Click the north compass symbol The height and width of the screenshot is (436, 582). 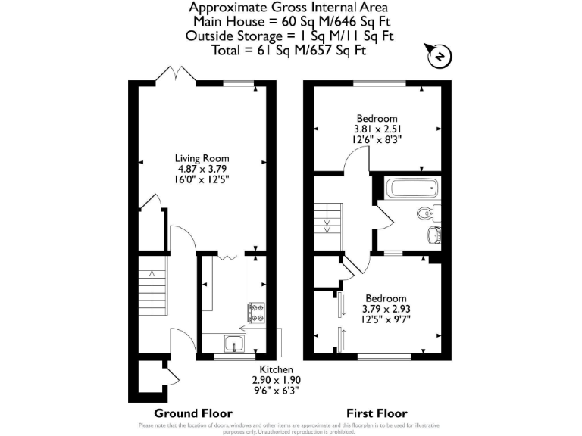pos(439,54)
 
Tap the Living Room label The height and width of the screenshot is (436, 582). pos(202,158)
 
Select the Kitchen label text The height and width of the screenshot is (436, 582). pos(277,369)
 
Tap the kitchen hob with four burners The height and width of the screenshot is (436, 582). pos(256,313)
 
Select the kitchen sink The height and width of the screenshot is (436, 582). pos(233,344)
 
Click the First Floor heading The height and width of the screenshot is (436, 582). pos(377,413)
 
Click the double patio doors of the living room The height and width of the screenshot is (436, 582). pos(176,74)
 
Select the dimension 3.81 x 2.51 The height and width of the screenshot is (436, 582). pos(377,129)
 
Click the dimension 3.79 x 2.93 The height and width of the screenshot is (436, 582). pos(386,309)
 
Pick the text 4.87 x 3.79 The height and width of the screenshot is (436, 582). pos(202,169)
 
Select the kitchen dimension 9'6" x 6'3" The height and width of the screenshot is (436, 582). pos(277,390)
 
